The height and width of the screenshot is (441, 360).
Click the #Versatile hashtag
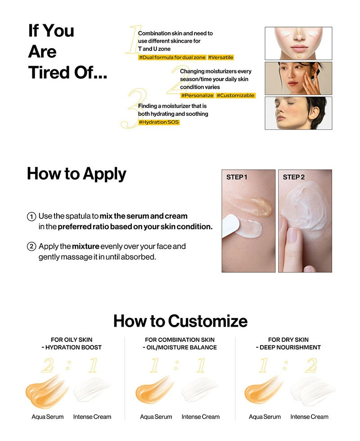(220, 57)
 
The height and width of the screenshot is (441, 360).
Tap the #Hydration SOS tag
(159, 122)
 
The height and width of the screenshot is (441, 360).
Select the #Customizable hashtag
(235, 95)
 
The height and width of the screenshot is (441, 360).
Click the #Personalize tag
(197, 95)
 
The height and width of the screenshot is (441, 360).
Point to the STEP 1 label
(237, 177)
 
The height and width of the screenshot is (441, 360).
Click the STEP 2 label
(294, 177)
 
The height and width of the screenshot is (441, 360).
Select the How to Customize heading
(180, 321)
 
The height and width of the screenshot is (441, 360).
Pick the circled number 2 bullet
(31, 247)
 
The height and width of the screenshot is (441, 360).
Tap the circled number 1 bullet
(31, 217)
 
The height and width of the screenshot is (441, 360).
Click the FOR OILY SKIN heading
(72, 340)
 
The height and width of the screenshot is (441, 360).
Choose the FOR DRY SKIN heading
(288, 340)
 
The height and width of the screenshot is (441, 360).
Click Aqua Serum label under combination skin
(156, 417)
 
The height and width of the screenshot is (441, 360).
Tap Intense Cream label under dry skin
(309, 417)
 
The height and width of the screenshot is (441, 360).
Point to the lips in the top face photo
(298, 48)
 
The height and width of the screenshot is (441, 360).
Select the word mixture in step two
(85, 247)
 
